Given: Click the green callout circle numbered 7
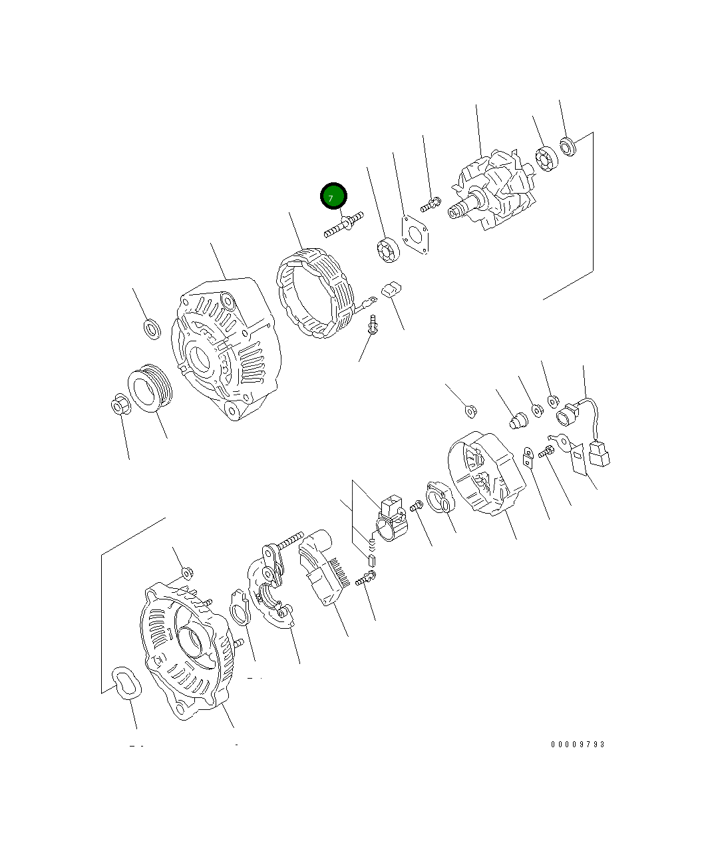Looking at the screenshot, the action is [x=333, y=196].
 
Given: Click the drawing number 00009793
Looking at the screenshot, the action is [x=578, y=745].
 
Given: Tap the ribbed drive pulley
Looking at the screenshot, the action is [x=150, y=388].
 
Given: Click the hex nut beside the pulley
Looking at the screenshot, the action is [x=120, y=404].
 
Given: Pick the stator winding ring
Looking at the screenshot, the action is [x=315, y=293].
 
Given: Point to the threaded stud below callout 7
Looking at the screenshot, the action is [x=343, y=224].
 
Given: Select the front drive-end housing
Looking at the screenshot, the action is [x=226, y=349].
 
